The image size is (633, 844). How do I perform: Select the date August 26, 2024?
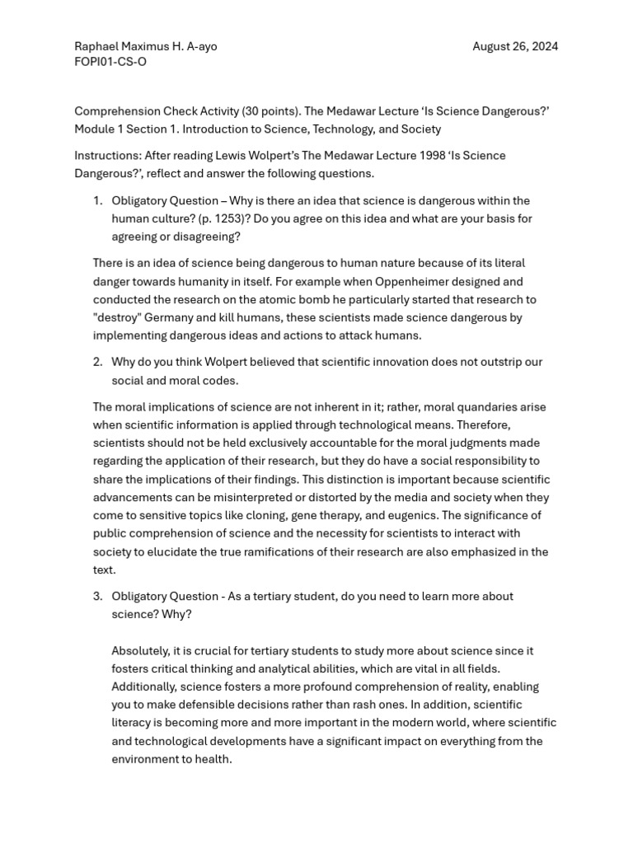click(x=515, y=46)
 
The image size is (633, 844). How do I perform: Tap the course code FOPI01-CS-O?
click(x=110, y=62)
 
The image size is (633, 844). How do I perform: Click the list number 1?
click(x=97, y=200)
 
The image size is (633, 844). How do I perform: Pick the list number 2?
click(x=97, y=362)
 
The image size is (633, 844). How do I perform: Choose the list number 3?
click(x=97, y=596)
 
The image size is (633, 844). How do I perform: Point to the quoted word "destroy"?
click(x=117, y=317)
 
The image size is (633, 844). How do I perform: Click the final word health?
click(x=213, y=759)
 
